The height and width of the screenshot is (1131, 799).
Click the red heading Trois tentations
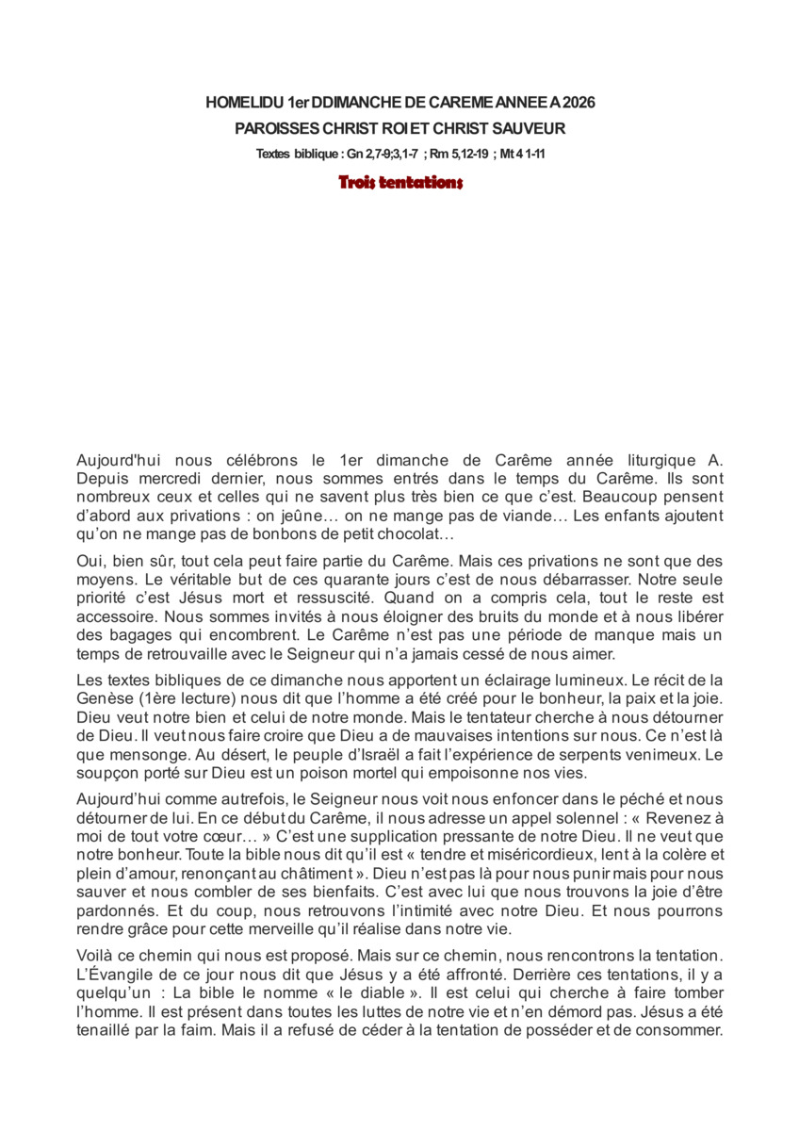(x=400, y=183)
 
